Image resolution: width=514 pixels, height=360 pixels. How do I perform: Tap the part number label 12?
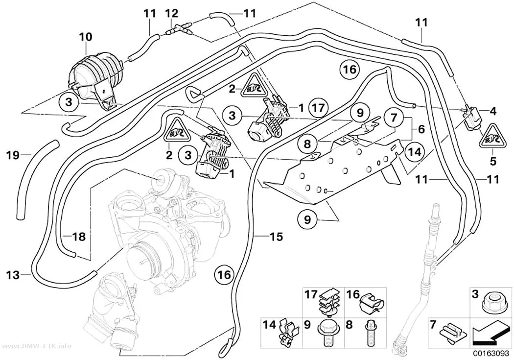coord(171,13)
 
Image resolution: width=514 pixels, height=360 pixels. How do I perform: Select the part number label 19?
coord(13,155)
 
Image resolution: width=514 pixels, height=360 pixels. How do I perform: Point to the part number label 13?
coord(13,274)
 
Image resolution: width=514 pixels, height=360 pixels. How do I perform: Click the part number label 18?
coord(79,237)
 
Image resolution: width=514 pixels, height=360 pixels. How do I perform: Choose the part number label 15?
coord(276,237)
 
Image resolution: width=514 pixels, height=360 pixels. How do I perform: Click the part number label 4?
coord(492,111)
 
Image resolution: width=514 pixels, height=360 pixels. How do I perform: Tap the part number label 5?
coord(493,162)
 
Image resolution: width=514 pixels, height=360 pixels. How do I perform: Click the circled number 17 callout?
coord(318,108)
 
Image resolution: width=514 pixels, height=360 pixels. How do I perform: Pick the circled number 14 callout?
coord(414,152)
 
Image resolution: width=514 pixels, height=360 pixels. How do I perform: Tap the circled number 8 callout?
coord(307,144)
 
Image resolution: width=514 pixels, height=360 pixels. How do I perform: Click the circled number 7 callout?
coord(394,117)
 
